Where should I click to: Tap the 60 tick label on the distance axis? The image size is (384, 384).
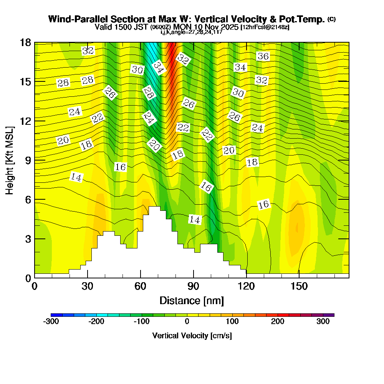(141, 286)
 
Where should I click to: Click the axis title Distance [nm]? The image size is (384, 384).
(192, 300)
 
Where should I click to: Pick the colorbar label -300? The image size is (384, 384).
(51, 322)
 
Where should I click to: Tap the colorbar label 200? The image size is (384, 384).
(278, 322)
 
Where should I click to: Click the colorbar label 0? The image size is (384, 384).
(187, 322)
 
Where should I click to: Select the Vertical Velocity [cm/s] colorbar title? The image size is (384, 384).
(192, 336)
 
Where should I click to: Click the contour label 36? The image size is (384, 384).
(263, 56)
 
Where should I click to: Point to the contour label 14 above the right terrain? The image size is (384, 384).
(195, 220)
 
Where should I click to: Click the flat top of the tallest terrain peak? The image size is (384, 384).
(154, 207)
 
